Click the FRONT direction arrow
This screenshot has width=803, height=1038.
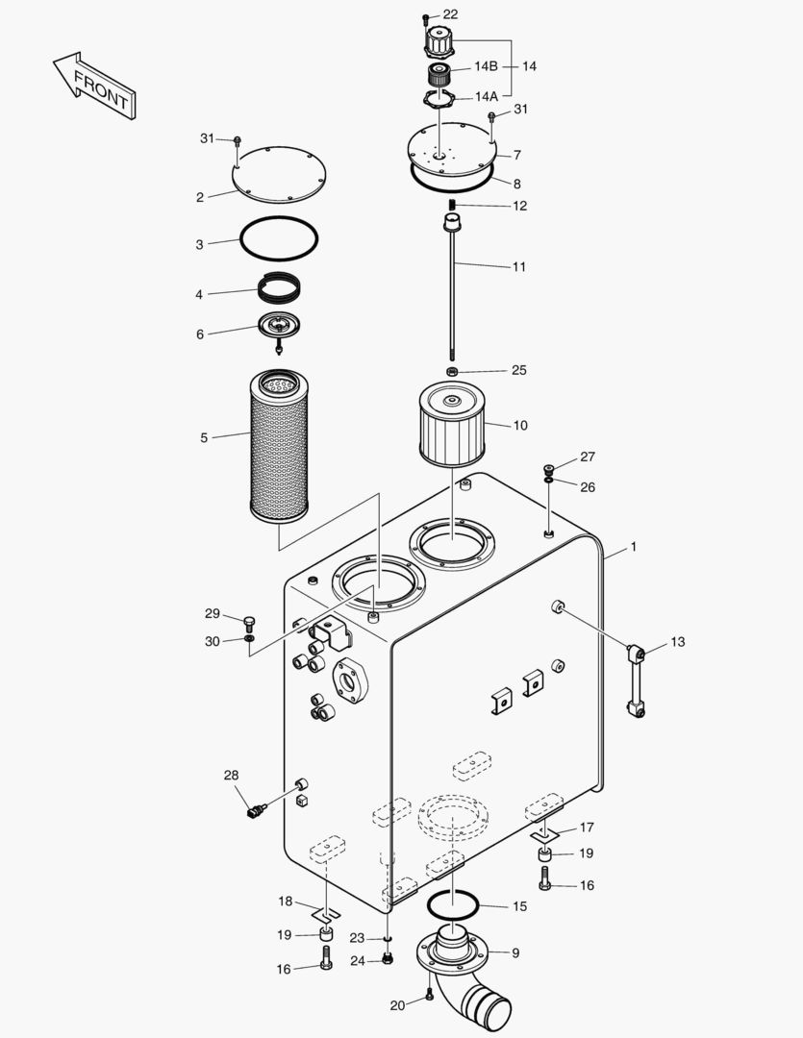94,86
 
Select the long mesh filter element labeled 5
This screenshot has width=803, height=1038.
278,445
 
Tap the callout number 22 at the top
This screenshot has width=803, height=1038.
450,14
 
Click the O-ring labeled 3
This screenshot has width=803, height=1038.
279,236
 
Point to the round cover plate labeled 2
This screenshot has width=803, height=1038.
280,174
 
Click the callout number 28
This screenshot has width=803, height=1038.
231,776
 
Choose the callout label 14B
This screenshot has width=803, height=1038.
486,66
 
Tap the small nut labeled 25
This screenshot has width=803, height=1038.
452,371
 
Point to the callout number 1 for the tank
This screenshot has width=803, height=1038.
634,547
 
